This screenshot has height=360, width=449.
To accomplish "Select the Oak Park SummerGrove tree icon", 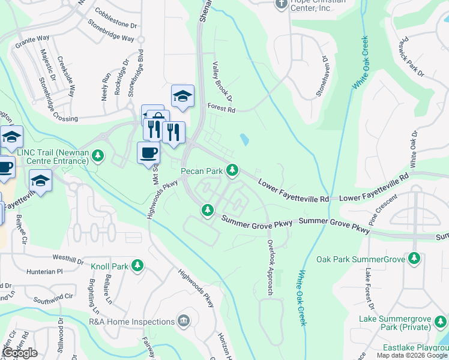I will [414, 259].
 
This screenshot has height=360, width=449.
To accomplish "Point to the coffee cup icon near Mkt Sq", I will [148, 152].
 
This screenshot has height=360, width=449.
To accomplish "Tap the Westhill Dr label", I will [68, 260].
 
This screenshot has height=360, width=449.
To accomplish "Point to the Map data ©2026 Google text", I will [411, 355].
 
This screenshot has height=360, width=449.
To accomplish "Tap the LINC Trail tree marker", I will [99, 157].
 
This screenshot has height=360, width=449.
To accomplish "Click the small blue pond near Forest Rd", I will [244, 140].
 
